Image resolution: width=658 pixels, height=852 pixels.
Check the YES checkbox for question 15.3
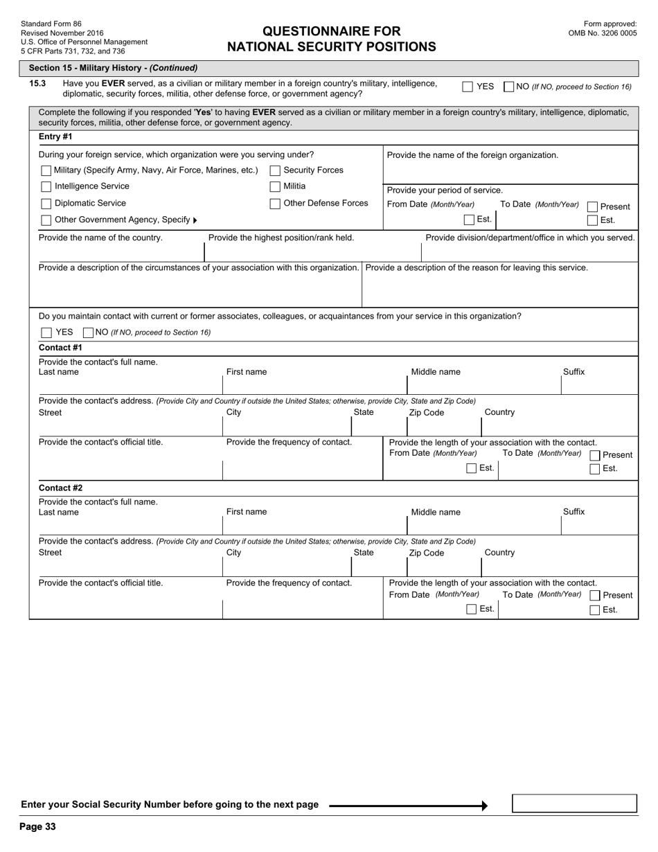tap(468, 87)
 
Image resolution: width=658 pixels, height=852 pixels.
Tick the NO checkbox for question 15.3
tap(509, 87)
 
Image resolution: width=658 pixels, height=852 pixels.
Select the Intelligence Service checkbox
tap(46, 186)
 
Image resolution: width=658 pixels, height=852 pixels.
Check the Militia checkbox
tap(275, 186)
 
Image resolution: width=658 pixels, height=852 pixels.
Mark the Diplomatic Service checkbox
tap(46, 204)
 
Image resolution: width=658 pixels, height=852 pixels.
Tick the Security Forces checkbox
tap(275, 170)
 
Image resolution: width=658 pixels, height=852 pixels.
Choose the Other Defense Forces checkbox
tap(275, 204)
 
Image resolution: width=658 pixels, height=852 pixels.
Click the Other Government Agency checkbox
tap(46, 220)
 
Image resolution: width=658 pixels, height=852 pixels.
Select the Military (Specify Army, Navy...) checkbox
tap(46, 170)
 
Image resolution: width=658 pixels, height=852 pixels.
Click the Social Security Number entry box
tap(573, 804)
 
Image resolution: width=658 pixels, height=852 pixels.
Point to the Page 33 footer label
tap(37, 826)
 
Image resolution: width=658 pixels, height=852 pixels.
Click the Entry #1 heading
tap(55, 136)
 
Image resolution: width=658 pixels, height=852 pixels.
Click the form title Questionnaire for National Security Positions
tap(331, 39)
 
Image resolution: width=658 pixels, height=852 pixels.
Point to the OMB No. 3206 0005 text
tap(602, 33)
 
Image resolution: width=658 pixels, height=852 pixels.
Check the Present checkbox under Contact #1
tap(595, 455)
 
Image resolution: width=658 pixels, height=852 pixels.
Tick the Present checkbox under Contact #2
tap(595, 596)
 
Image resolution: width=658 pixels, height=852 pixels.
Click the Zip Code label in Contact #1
tap(426, 413)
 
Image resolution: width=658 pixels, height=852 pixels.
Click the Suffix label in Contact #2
tap(573, 512)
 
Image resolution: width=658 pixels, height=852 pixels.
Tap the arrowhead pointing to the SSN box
tap(484, 805)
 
